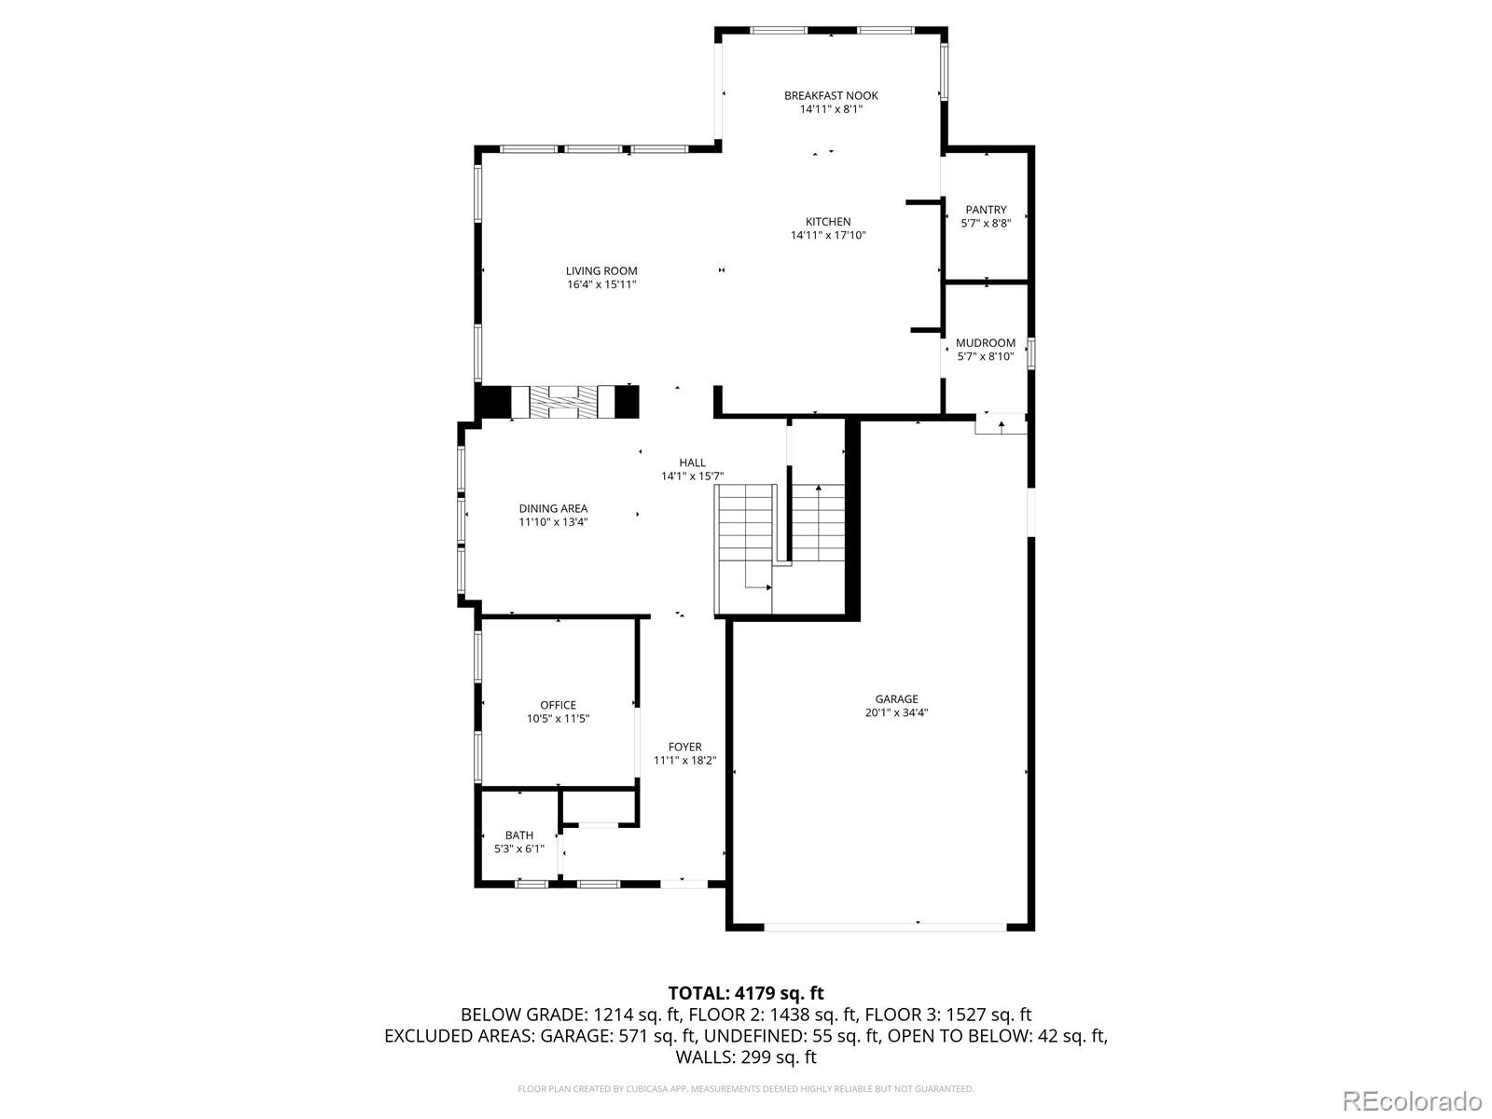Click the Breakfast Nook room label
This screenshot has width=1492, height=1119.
(x=830, y=95)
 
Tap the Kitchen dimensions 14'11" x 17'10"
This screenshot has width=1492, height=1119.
(x=828, y=236)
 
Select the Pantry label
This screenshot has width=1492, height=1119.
(x=986, y=210)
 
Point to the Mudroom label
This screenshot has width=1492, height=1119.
(x=986, y=342)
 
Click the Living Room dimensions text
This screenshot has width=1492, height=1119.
(x=601, y=285)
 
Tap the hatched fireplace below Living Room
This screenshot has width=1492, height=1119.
(x=563, y=402)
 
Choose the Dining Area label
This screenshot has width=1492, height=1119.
(x=553, y=508)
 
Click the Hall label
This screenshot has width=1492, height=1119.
(x=692, y=463)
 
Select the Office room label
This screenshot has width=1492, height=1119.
(x=558, y=705)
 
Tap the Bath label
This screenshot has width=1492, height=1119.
(x=519, y=835)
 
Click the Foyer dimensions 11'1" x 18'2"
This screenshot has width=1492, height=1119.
(x=684, y=761)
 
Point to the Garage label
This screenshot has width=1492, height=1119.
(x=896, y=698)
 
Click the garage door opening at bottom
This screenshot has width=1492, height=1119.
(x=885, y=926)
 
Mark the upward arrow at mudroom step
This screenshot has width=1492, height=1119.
(x=1001, y=425)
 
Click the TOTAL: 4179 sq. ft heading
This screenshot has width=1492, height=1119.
(x=746, y=993)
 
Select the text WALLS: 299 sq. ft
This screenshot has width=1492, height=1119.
(x=746, y=1057)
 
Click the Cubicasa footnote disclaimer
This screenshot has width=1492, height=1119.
(x=746, y=1089)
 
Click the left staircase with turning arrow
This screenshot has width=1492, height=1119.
(x=745, y=550)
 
